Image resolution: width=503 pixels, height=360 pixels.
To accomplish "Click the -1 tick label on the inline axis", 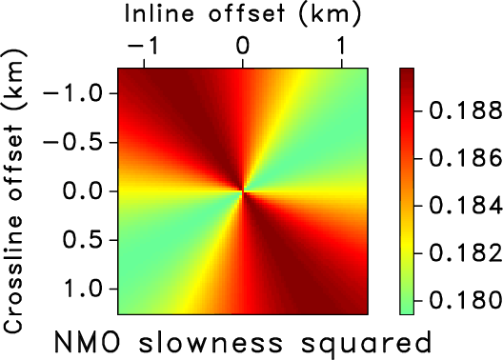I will (139, 45).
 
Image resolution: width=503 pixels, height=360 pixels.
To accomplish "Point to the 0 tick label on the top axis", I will (243, 45).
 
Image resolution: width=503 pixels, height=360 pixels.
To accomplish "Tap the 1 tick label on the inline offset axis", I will (342, 45).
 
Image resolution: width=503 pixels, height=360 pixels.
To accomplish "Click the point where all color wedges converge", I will (244, 191).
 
